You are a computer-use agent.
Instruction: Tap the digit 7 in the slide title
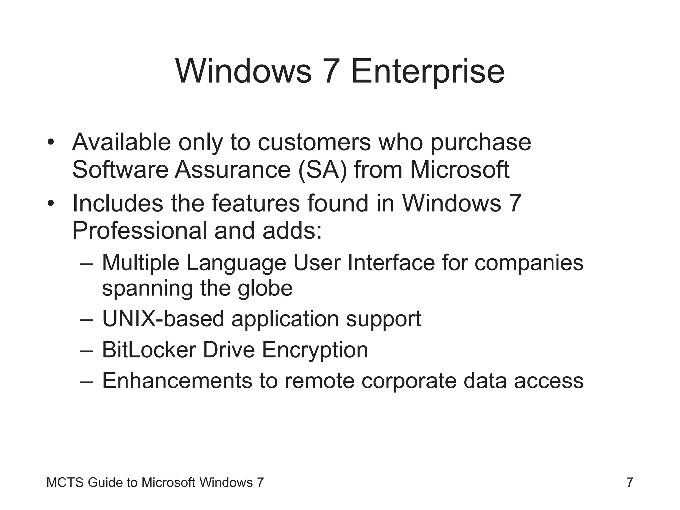(331, 71)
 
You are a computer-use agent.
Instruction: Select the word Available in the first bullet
(122, 142)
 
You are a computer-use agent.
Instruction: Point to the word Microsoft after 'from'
(460, 170)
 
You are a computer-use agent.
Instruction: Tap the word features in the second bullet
(256, 203)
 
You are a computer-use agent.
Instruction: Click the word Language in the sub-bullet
(236, 262)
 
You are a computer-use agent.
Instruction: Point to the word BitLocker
(149, 350)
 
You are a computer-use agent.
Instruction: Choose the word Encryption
(315, 350)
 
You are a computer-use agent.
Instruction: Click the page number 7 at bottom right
(630, 482)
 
